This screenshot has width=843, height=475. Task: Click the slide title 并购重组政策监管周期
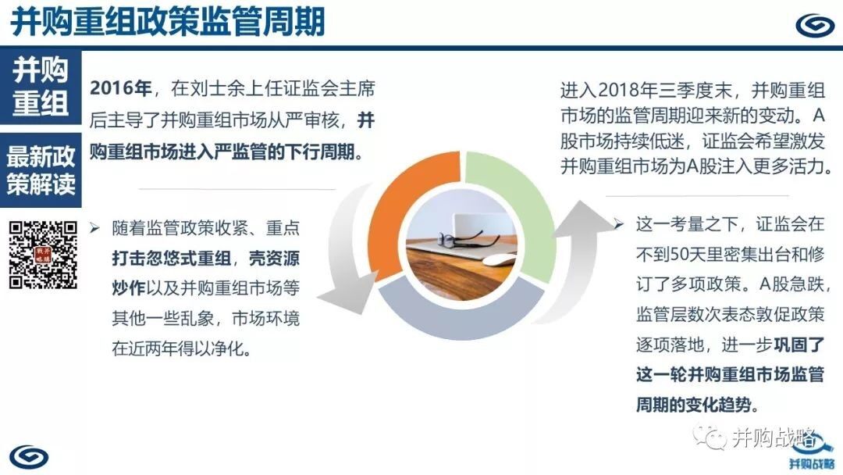click(168, 22)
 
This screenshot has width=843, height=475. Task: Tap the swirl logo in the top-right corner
click(815, 25)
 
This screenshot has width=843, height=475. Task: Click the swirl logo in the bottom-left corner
click(29, 457)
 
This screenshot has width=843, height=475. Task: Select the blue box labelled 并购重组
click(41, 87)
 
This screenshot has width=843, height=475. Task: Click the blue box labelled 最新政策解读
click(41, 170)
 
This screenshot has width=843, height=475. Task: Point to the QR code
click(43, 255)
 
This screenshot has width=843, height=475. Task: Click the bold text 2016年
click(120, 88)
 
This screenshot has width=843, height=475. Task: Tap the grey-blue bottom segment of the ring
click(462, 315)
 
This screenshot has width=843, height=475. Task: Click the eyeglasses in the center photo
click(461, 237)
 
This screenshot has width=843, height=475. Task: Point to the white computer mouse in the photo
click(499, 261)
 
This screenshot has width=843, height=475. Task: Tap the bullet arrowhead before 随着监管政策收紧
click(94, 228)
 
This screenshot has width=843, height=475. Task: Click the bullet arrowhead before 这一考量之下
click(619, 223)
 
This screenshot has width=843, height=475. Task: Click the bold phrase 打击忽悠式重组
click(172, 259)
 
